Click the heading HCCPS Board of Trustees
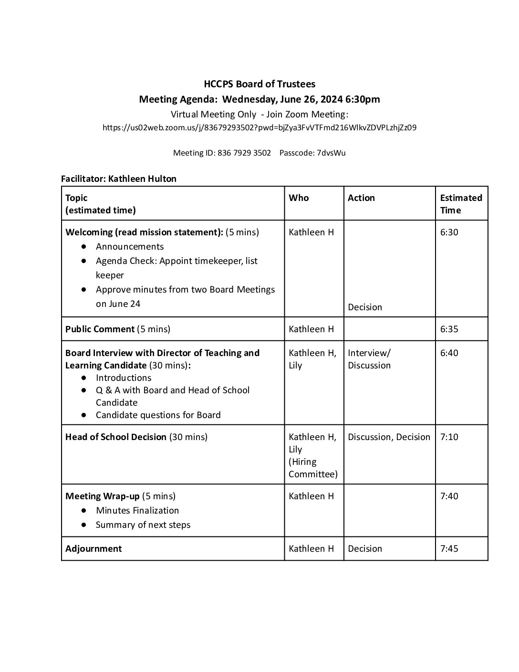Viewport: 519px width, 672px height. pyautogui.click(x=259, y=84)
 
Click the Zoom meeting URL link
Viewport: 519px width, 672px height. pyautogui.click(x=259, y=127)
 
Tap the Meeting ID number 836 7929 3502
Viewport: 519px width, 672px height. pyautogui.click(x=244, y=153)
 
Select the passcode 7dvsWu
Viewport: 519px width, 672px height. pyautogui.click(x=331, y=153)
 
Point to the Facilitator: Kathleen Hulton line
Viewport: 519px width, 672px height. pyautogui.click(x=119, y=179)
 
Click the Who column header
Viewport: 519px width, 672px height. pyautogui.click(x=299, y=198)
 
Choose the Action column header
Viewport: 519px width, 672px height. pyautogui.click(x=361, y=198)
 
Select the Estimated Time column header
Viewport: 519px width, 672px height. pyautogui.click(x=461, y=204)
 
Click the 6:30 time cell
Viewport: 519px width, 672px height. pyautogui.click(x=449, y=232)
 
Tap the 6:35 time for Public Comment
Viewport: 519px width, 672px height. pyautogui.click(x=449, y=329)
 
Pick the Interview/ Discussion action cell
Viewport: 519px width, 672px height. pyautogui.click(x=369, y=359)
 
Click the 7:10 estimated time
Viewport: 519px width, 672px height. pyautogui.click(x=449, y=437)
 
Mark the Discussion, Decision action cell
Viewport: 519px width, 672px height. pyautogui.click(x=389, y=437)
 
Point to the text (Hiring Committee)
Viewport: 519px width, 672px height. pyautogui.click(x=313, y=468)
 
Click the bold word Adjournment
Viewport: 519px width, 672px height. pyautogui.click(x=93, y=549)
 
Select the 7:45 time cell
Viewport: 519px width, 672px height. pyautogui.click(x=449, y=549)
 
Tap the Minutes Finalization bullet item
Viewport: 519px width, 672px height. pyautogui.click(x=137, y=511)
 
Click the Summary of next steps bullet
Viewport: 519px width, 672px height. pyautogui.click(x=143, y=525)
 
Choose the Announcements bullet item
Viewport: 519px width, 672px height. pyautogui.click(x=130, y=247)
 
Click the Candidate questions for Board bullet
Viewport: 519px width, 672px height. pyautogui.click(x=158, y=415)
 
